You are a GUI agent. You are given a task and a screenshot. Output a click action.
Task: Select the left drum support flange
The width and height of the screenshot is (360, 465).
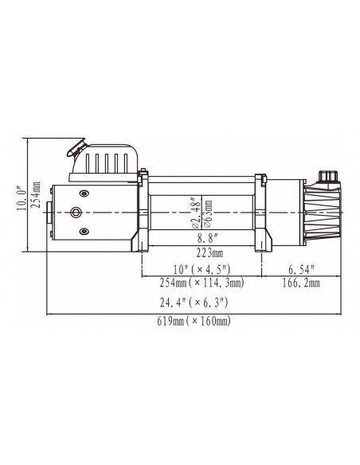(x=141, y=212)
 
